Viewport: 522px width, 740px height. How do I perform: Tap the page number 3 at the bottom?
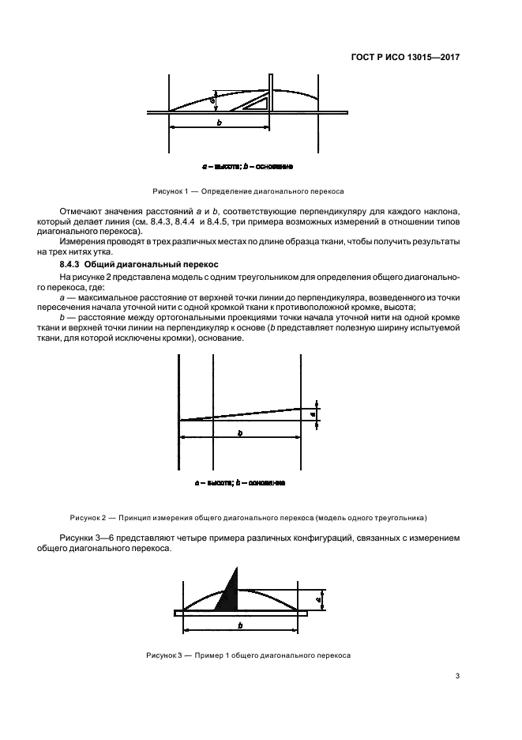click(x=459, y=676)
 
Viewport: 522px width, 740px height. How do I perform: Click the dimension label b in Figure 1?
click(x=219, y=123)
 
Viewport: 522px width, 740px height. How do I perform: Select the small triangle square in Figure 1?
click(x=256, y=103)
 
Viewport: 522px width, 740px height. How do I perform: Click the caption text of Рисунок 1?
click(x=248, y=191)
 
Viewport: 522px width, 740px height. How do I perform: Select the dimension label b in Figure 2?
click(x=239, y=432)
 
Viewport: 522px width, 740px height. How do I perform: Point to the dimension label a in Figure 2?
click(x=314, y=413)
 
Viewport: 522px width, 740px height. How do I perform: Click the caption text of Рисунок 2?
click(x=248, y=519)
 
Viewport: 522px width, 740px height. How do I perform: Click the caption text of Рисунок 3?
click(x=248, y=655)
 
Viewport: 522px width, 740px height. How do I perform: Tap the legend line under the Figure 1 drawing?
click(x=248, y=167)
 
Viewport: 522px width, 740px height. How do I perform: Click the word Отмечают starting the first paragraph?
click(x=82, y=213)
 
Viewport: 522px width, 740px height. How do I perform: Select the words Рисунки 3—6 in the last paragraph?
click(x=84, y=538)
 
